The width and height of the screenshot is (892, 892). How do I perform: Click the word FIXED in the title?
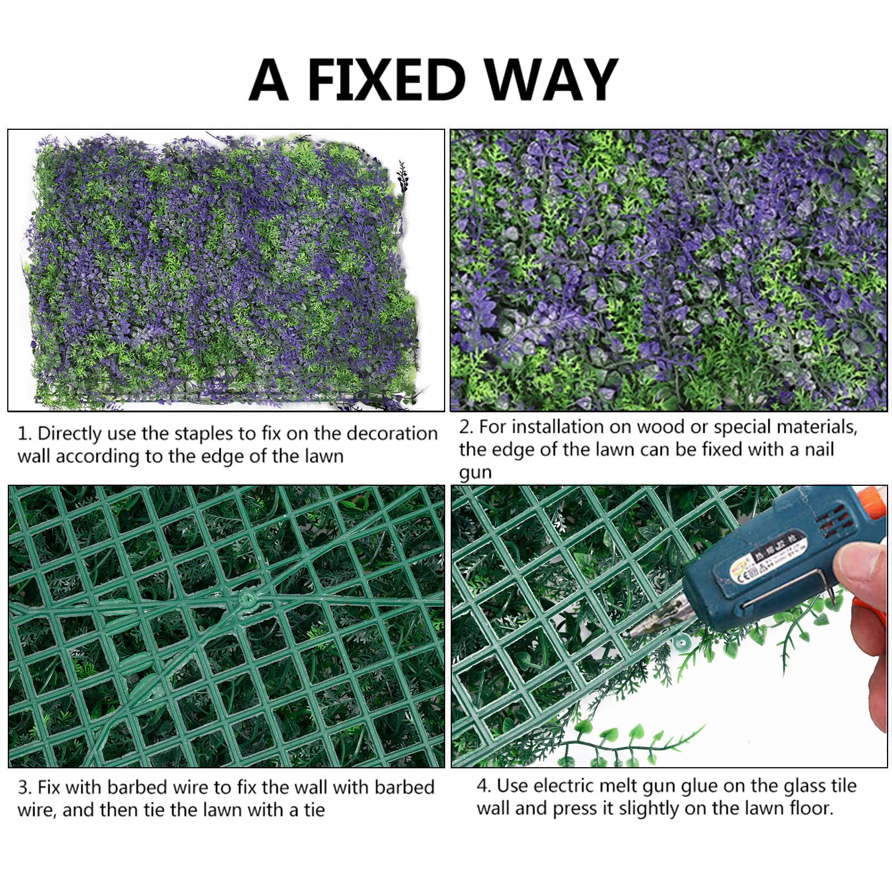386,80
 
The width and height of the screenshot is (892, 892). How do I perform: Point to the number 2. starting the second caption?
466,427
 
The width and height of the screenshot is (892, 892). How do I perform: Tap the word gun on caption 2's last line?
475,473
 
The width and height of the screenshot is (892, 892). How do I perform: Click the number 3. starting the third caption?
25,788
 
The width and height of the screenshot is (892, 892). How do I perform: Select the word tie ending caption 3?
314,810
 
